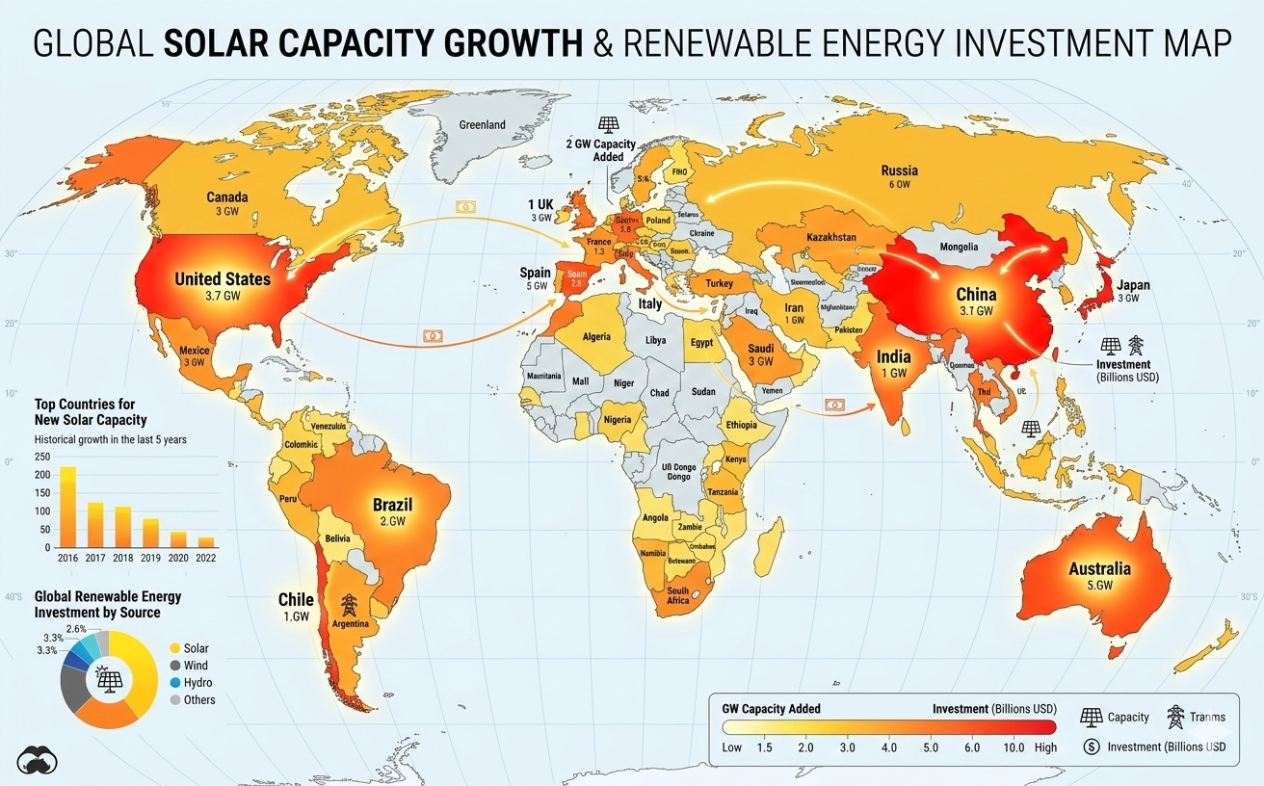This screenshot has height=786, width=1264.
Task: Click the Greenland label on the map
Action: [482, 125]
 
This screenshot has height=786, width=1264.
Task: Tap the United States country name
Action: [223, 279]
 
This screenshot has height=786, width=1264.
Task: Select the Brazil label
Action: [392, 505]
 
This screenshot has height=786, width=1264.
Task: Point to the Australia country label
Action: [1098, 568]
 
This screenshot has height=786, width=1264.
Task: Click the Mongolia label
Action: [958, 248]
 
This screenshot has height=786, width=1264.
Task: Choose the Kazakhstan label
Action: [827, 237]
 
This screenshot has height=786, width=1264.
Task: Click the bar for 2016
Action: [67, 507]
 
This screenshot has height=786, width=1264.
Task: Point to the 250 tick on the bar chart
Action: [41, 458]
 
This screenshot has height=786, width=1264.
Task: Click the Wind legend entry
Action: [195, 666]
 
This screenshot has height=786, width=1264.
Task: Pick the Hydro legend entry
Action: [197, 683]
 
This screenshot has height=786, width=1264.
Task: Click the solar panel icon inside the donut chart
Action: [108, 680]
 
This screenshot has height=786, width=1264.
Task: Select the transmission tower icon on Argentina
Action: [349, 606]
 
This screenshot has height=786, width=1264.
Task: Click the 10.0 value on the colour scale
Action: [1014, 747]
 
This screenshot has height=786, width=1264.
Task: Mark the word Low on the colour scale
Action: [733, 747]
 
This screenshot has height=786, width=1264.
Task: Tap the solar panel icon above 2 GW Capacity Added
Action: [608, 124]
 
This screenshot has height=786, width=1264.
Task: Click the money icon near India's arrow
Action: [834, 405]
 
